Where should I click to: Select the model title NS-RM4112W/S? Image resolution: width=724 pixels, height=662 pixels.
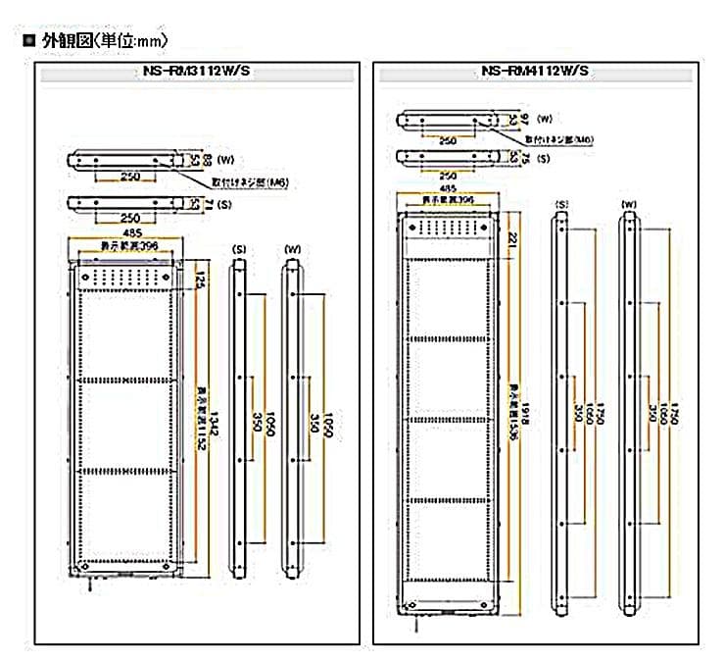click(x=535, y=72)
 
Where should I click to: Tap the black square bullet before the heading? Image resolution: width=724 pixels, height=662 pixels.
click(x=27, y=41)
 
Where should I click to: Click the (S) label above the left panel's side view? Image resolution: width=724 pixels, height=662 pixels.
click(x=237, y=249)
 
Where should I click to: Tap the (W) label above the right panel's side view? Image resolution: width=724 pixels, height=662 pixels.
click(x=628, y=204)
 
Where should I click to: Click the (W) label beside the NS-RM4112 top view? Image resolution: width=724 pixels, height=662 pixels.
click(x=546, y=117)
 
